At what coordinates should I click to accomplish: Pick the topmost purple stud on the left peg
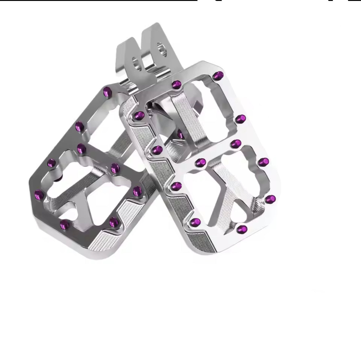[x=107, y=91]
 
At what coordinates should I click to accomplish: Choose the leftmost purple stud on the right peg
[x=140, y=116]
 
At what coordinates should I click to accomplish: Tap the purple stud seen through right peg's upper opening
[x=180, y=133]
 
